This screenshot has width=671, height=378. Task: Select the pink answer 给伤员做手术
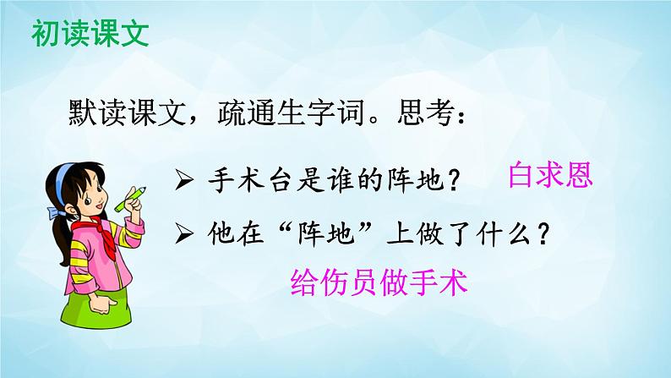pyautogui.click(x=378, y=281)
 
